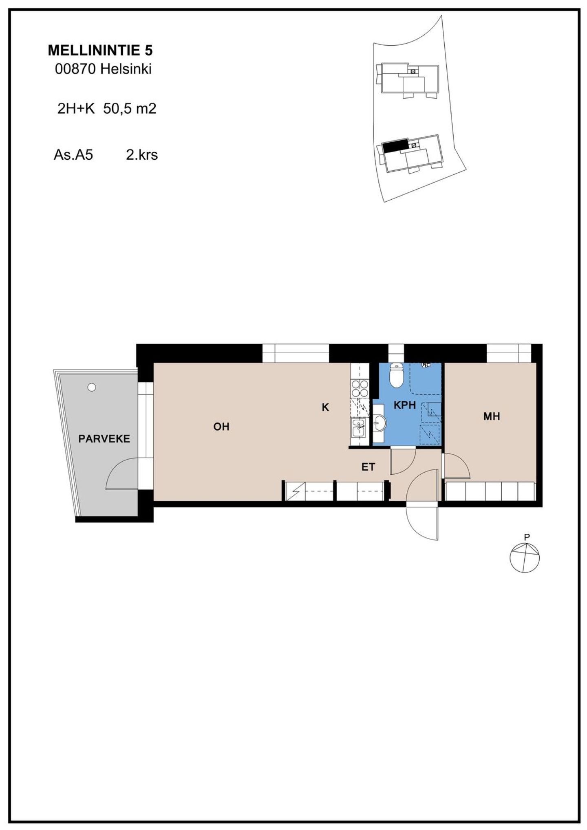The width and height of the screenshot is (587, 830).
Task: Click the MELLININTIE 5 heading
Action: click(100, 50)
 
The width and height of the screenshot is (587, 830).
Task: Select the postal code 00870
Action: click(75, 69)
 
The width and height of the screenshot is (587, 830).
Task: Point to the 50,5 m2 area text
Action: click(130, 109)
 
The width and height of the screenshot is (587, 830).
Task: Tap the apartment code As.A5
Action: click(73, 155)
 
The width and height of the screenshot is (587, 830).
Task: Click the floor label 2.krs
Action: click(142, 155)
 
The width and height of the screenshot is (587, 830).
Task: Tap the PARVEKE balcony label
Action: click(104, 439)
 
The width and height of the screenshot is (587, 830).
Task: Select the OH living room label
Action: click(221, 427)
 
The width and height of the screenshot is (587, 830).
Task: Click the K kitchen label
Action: click(325, 407)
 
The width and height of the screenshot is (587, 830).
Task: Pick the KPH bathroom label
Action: click(404, 405)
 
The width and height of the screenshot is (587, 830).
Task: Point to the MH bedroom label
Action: click(492, 416)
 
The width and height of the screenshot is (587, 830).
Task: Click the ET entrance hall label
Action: click(368, 467)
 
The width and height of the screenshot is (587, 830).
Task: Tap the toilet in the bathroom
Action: click(396, 375)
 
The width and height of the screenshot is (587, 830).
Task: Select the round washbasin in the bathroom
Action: click(380, 424)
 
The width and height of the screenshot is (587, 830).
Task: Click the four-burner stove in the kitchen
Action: click(360, 388)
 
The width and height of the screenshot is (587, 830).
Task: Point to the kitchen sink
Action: click(359, 428)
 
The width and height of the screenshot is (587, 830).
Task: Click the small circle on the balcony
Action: click(92, 387)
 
